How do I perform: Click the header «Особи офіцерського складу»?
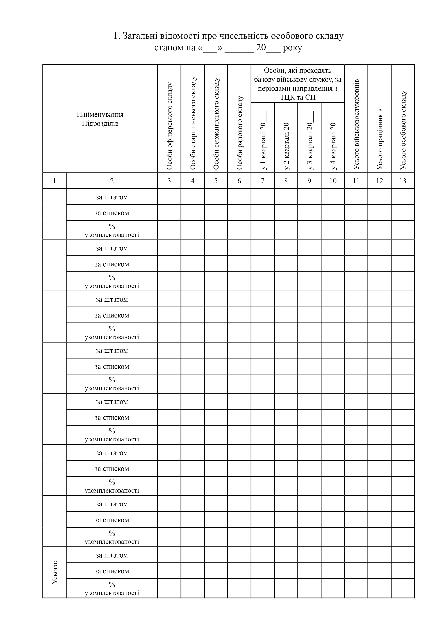pyautogui.click(x=169, y=126)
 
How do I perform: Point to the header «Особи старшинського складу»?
pyautogui.click(x=193, y=123)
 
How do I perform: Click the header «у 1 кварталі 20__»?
pyautogui.click(x=263, y=140)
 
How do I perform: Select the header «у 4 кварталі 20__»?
pyautogui.click(x=333, y=140)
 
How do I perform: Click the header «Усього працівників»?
pyautogui.click(x=379, y=139)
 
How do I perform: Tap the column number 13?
pyautogui.click(x=403, y=181)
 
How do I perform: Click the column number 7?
pyautogui.click(x=263, y=181)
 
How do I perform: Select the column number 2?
pyautogui.click(x=112, y=181)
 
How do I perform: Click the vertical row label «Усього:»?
pyautogui.click(x=55, y=572)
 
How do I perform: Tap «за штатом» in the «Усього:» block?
pyautogui.click(x=112, y=555)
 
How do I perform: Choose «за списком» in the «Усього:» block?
pyautogui.click(x=112, y=571)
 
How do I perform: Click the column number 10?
pyautogui.click(x=333, y=181)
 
